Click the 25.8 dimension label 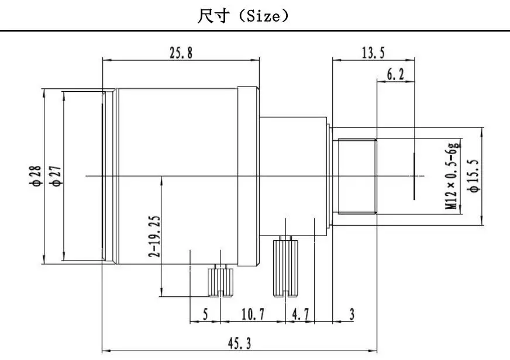(181, 53)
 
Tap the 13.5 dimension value (373, 53)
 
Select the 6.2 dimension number (395, 74)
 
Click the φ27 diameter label (56, 176)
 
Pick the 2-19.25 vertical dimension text (154, 236)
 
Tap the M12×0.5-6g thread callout (453, 175)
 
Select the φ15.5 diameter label (473, 176)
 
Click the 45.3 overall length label (239, 343)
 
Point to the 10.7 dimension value (253, 314)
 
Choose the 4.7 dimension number (301, 314)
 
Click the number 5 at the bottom (205, 314)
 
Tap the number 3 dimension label (352, 314)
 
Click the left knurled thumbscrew (220, 281)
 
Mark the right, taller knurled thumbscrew (285, 266)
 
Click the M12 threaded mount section (357, 176)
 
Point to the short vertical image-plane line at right (414, 176)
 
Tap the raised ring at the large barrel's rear (248, 176)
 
